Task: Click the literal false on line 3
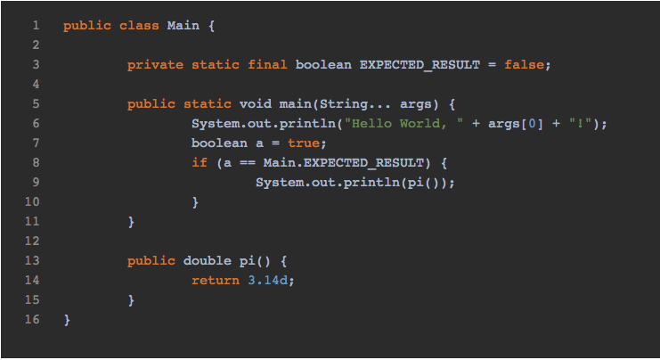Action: tap(526, 64)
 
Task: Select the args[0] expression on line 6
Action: tap(509, 123)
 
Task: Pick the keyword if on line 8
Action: tap(199, 162)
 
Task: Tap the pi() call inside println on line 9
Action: tap(426, 182)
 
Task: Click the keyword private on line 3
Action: tap(155, 64)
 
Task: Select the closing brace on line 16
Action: tap(67, 319)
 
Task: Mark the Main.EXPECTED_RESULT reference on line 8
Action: tap(343, 162)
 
